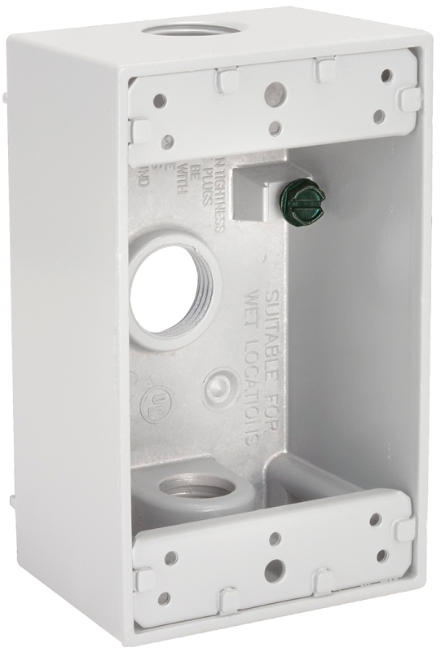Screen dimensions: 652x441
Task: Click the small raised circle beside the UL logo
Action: point(219,385)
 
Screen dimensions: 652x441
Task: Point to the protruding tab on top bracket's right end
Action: point(410,100)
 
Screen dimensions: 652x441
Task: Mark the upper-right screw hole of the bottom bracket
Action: point(375,518)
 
